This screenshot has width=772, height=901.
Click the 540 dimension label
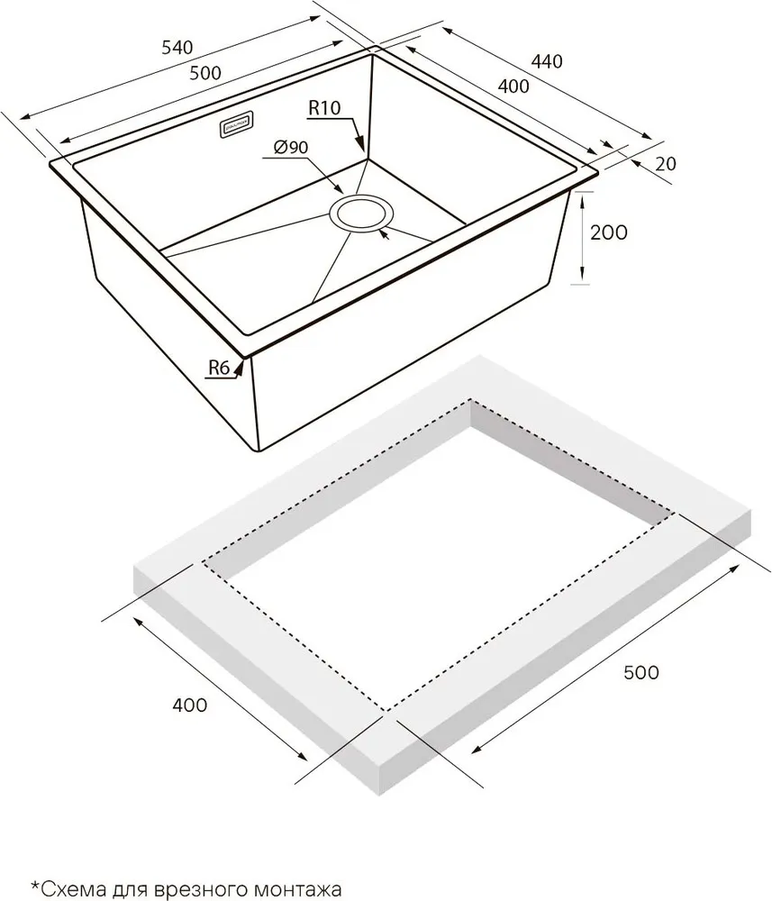tap(177, 47)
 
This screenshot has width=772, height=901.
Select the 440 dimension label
tap(546, 61)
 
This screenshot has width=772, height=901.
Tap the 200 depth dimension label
tap(609, 232)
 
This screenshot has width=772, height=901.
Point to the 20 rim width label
tap(666, 164)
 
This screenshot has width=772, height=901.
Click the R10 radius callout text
tap(324, 107)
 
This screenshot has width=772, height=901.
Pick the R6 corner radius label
tap(218, 368)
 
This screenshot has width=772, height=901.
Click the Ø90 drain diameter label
tap(291, 149)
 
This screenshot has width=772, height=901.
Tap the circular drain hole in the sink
tap(361, 214)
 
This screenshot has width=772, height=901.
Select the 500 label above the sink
tap(205, 73)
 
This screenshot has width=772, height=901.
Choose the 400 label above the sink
tap(513, 86)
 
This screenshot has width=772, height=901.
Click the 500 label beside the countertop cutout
tap(641, 672)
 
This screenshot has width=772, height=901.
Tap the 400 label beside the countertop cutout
tap(189, 705)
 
